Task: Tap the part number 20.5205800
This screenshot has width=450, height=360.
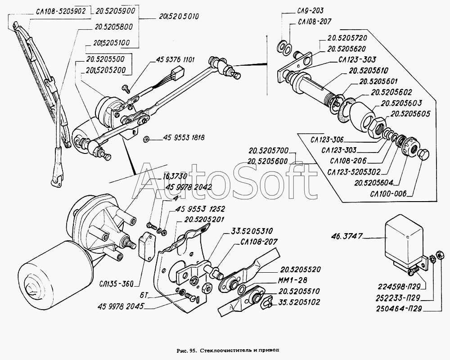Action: pyautogui.click(x=113, y=27)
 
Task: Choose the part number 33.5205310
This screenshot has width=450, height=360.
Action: pyautogui.click(x=255, y=231)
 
